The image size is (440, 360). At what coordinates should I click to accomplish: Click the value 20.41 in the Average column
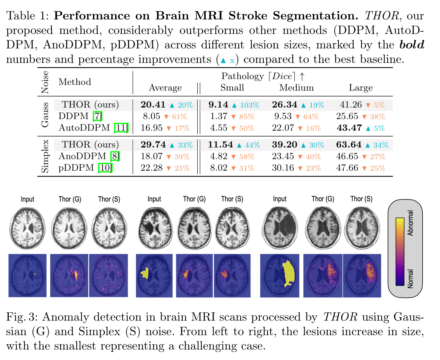tap(153, 105)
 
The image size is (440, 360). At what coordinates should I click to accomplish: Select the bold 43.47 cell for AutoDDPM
tap(349, 128)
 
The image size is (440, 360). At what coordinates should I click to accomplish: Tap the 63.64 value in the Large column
tap(348, 145)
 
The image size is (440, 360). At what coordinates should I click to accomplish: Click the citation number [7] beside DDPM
tap(97, 116)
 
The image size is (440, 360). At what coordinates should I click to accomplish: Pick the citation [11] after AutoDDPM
tap(121, 128)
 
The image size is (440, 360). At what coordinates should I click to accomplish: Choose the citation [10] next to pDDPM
tap(105, 168)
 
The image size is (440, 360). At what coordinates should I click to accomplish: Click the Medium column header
tap(296, 88)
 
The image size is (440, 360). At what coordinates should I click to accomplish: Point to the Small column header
tap(232, 88)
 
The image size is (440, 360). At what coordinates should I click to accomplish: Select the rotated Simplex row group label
tap(45, 156)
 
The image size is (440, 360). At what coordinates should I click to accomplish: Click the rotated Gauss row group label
tap(45, 115)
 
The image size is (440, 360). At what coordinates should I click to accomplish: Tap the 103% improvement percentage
tap(250, 105)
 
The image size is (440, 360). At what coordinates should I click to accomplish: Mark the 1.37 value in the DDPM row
tap(218, 116)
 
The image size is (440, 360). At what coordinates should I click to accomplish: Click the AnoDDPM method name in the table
tap(82, 156)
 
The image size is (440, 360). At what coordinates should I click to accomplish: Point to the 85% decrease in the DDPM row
tap(247, 117)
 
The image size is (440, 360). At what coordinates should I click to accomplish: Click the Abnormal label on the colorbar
tap(410, 223)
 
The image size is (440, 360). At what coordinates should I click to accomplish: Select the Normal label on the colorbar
tap(410, 278)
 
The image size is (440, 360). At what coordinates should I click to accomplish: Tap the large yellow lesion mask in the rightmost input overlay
tap(288, 274)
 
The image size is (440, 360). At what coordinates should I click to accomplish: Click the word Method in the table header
tap(75, 82)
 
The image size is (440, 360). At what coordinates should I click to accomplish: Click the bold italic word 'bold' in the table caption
tap(412, 45)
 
